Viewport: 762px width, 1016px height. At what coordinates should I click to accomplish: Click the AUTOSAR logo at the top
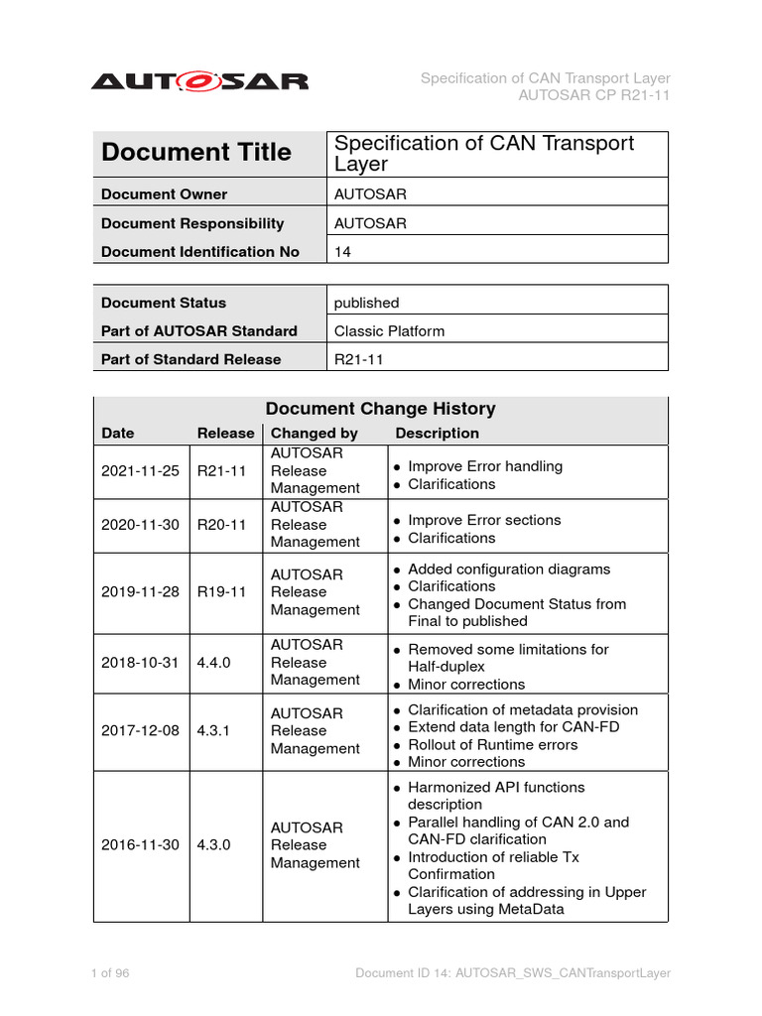tap(199, 81)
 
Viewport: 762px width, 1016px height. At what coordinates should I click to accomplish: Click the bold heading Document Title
tap(196, 153)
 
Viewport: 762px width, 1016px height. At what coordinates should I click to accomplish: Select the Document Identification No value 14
tap(343, 252)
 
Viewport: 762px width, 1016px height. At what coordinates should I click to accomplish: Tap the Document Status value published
tap(366, 303)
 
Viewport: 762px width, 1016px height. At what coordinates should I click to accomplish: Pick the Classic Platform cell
tap(389, 331)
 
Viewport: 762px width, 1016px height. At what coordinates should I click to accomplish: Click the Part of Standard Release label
tap(190, 359)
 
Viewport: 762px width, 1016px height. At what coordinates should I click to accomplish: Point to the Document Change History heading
tap(380, 409)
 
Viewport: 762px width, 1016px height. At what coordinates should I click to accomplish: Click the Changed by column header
tap(314, 434)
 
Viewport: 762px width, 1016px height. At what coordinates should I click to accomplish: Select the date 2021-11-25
tap(140, 471)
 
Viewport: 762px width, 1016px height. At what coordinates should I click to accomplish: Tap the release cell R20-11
tap(221, 525)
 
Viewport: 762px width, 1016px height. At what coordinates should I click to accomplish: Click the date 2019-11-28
tap(140, 592)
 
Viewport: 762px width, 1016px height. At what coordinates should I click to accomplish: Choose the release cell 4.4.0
tap(213, 663)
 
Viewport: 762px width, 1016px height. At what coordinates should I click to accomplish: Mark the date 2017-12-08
tap(140, 731)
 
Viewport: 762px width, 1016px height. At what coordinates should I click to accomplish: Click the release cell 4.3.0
tap(213, 845)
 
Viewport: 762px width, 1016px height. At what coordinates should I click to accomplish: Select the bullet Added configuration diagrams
tap(509, 570)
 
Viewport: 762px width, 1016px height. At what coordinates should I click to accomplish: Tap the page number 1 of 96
tap(109, 973)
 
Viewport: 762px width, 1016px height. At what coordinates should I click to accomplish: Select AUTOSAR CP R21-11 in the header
tap(594, 95)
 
